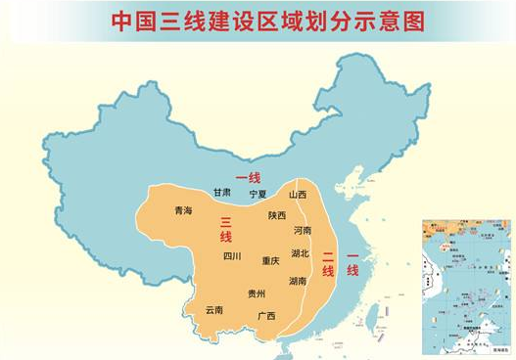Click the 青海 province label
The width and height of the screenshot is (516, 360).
tap(183, 210)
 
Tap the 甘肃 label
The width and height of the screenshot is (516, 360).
tap(222, 193)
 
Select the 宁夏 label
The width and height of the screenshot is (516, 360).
tap(258, 194)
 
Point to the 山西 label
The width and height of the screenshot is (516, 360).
tap(298, 195)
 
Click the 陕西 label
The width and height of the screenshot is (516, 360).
tap(277, 215)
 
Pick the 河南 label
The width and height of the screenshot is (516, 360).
tap(303, 231)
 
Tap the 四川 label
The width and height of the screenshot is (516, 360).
tap(232, 256)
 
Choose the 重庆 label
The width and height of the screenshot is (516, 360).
tap(270, 261)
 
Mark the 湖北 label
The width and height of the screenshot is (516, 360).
tap(299, 253)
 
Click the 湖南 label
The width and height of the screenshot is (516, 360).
tap(297, 281)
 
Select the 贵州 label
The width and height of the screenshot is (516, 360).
tap(257, 293)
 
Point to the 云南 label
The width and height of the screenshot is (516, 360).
tap(213, 310)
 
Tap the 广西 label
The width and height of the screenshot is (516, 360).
tap(265, 316)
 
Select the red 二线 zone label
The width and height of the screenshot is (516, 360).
tap(328, 260)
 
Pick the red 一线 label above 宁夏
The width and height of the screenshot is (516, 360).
tap(250, 176)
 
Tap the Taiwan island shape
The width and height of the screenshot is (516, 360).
tap(372, 314)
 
